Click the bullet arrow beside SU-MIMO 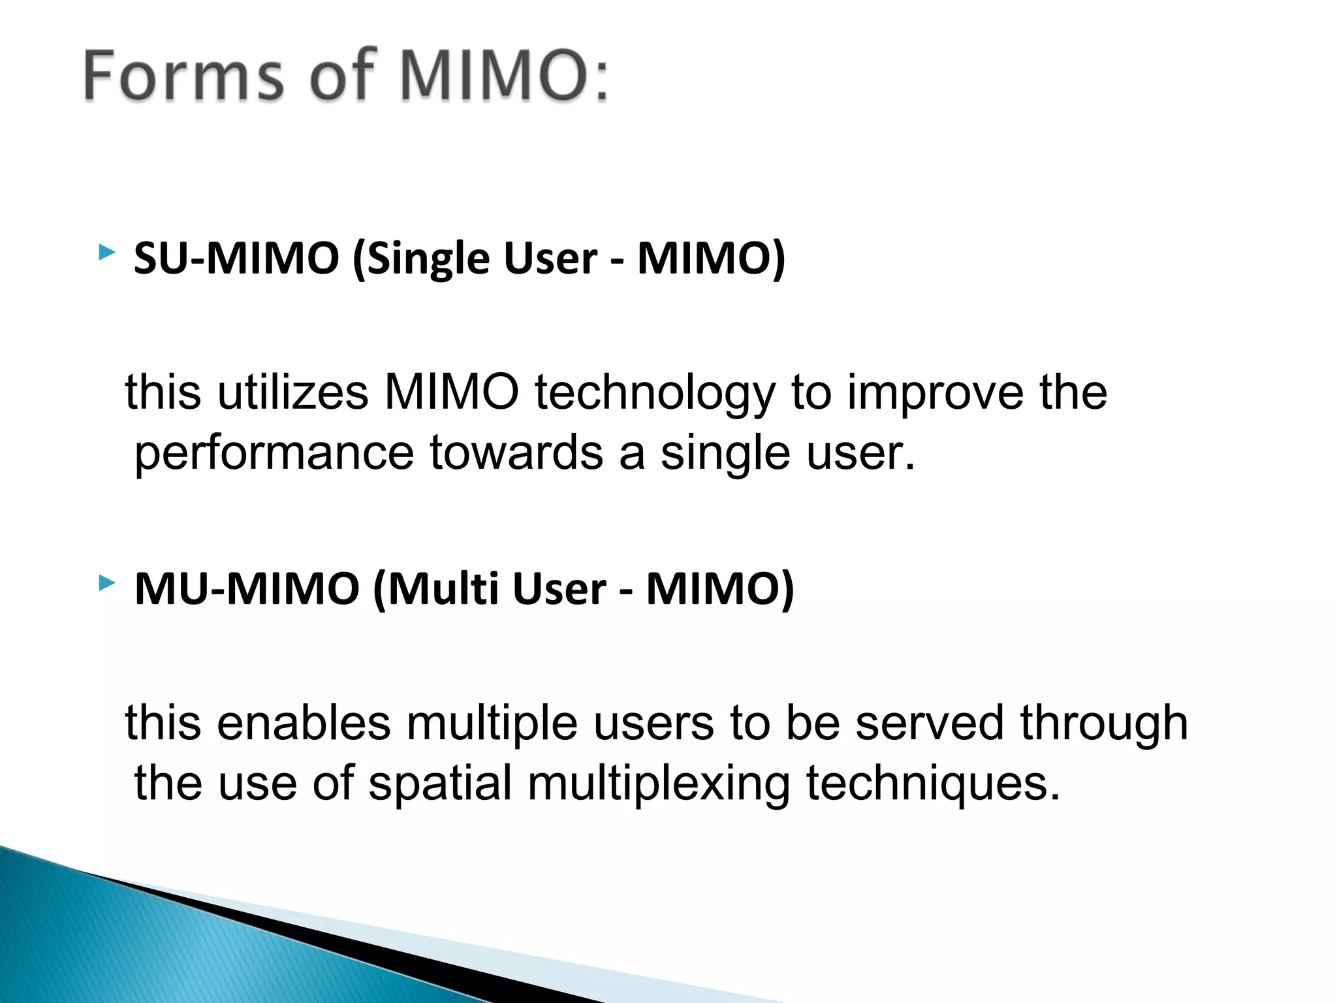point(107,253)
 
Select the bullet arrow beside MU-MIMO point(107,582)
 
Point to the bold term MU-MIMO point(247,588)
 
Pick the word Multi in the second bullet point(445,588)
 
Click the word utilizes point(293,392)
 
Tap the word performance point(274,454)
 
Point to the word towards point(516,453)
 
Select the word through point(1104,724)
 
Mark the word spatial point(440,784)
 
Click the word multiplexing point(659,784)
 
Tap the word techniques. point(933,784)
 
